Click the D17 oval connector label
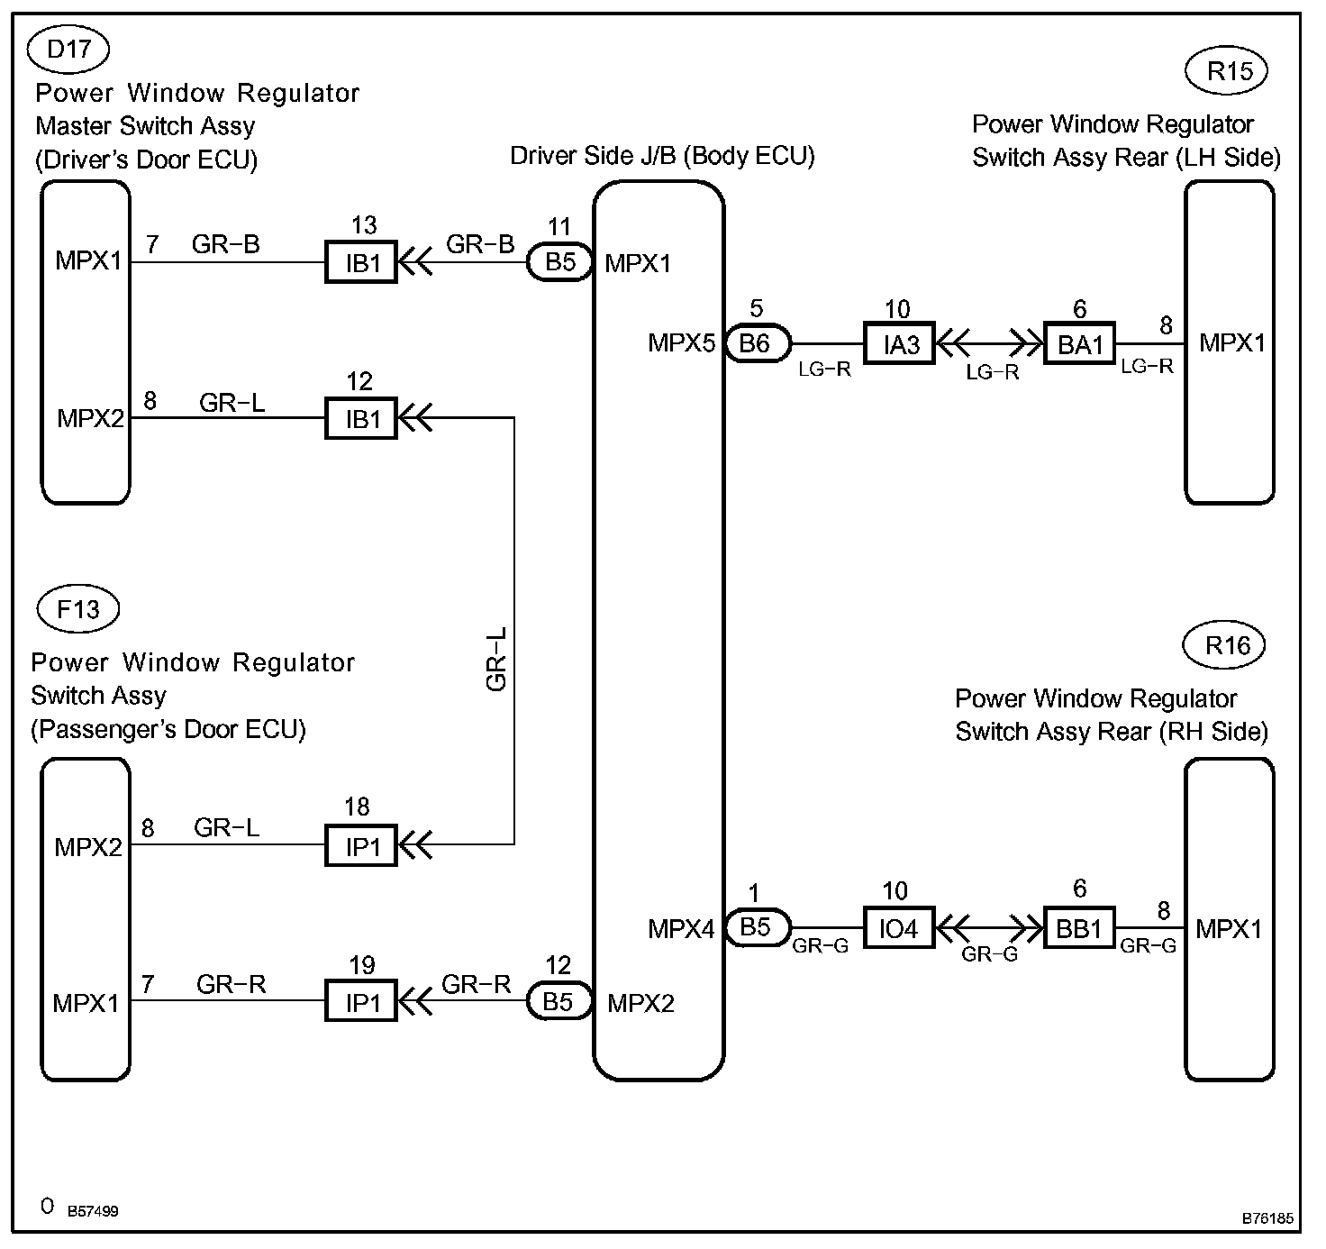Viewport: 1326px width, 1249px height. tap(68, 50)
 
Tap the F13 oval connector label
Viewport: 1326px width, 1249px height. tap(78, 609)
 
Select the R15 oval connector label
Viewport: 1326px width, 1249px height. tap(1229, 71)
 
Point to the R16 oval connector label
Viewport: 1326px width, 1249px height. tap(1227, 645)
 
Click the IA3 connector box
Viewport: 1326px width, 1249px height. tap(899, 343)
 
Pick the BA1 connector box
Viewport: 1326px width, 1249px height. tap(1079, 343)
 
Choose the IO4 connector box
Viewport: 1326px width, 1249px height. tap(898, 928)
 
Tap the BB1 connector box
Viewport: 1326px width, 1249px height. tap(1079, 928)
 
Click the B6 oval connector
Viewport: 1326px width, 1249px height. tap(756, 342)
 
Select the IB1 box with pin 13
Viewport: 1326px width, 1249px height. tap(361, 263)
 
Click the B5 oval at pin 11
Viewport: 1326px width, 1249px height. tap(559, 262)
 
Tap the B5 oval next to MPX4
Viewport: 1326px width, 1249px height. tap(756, 927)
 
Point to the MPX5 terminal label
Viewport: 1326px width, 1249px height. tap(681, 343)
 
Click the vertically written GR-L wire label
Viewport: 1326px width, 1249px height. tap(496, 660)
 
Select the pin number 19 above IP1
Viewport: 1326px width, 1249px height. tap(361, 966)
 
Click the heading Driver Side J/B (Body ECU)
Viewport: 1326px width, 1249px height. tap(662, 156)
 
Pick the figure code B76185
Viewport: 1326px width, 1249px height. tap(1267, 1218)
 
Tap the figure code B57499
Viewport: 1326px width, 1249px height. tap(93, 1211)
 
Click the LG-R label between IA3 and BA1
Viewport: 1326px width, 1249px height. tap(992, 372)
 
